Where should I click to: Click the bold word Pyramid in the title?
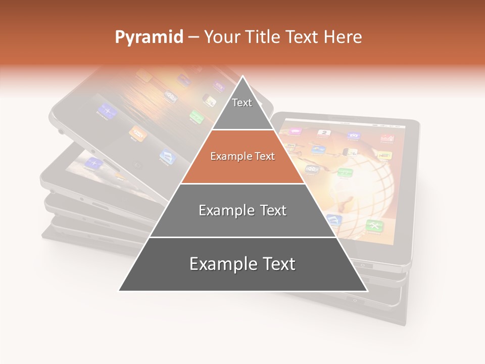pos(149,37)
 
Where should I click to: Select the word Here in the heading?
pos(344,37)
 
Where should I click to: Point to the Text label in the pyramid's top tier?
pos(242,103)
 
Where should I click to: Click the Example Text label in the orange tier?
pos(243,156)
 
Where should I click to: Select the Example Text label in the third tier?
pos(243,210)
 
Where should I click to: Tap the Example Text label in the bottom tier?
pos(243,264)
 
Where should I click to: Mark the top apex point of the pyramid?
pos(243,76)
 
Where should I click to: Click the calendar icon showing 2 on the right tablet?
pos(323,133)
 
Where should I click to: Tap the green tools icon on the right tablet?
pos(374,225)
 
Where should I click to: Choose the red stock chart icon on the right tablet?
pos(387,138)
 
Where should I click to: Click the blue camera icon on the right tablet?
pos(334,220)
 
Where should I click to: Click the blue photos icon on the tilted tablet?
pos(167,157)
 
